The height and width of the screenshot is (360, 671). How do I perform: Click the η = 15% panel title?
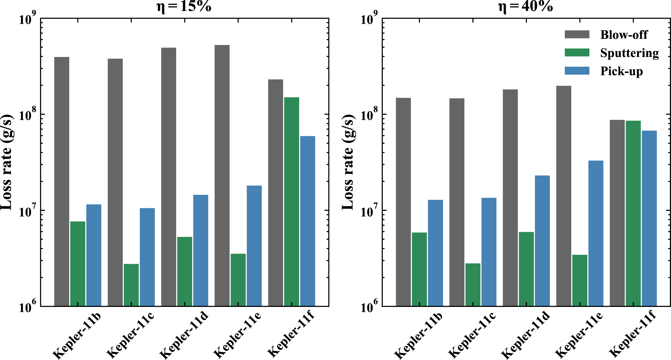coord(184,6)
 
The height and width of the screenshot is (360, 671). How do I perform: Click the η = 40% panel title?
coord(525,6)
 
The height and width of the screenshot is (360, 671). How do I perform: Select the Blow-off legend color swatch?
coord(577,35)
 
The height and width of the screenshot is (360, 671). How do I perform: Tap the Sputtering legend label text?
coord(629,53)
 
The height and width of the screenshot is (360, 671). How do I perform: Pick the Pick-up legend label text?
coord(621,71)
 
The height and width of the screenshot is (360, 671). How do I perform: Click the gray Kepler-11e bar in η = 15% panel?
coord(222,175)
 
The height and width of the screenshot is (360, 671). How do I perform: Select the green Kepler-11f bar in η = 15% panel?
coord(291,201)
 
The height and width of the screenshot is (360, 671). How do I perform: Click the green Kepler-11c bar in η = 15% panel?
coord(131,285)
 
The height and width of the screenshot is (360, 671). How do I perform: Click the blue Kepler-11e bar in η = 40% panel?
coord(596,233)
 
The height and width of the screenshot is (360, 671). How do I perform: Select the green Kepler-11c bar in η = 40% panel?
coord(473,285)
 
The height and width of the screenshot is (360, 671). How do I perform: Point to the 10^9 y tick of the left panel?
coord(27,19)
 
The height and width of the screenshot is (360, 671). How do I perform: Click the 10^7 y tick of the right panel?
coord(369,212)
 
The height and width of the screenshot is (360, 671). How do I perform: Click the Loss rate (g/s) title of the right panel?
coord(348,162)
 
